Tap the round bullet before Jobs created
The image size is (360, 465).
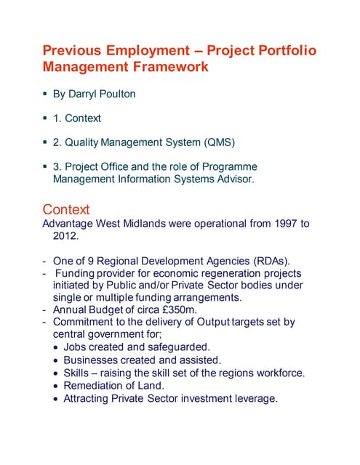57,347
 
